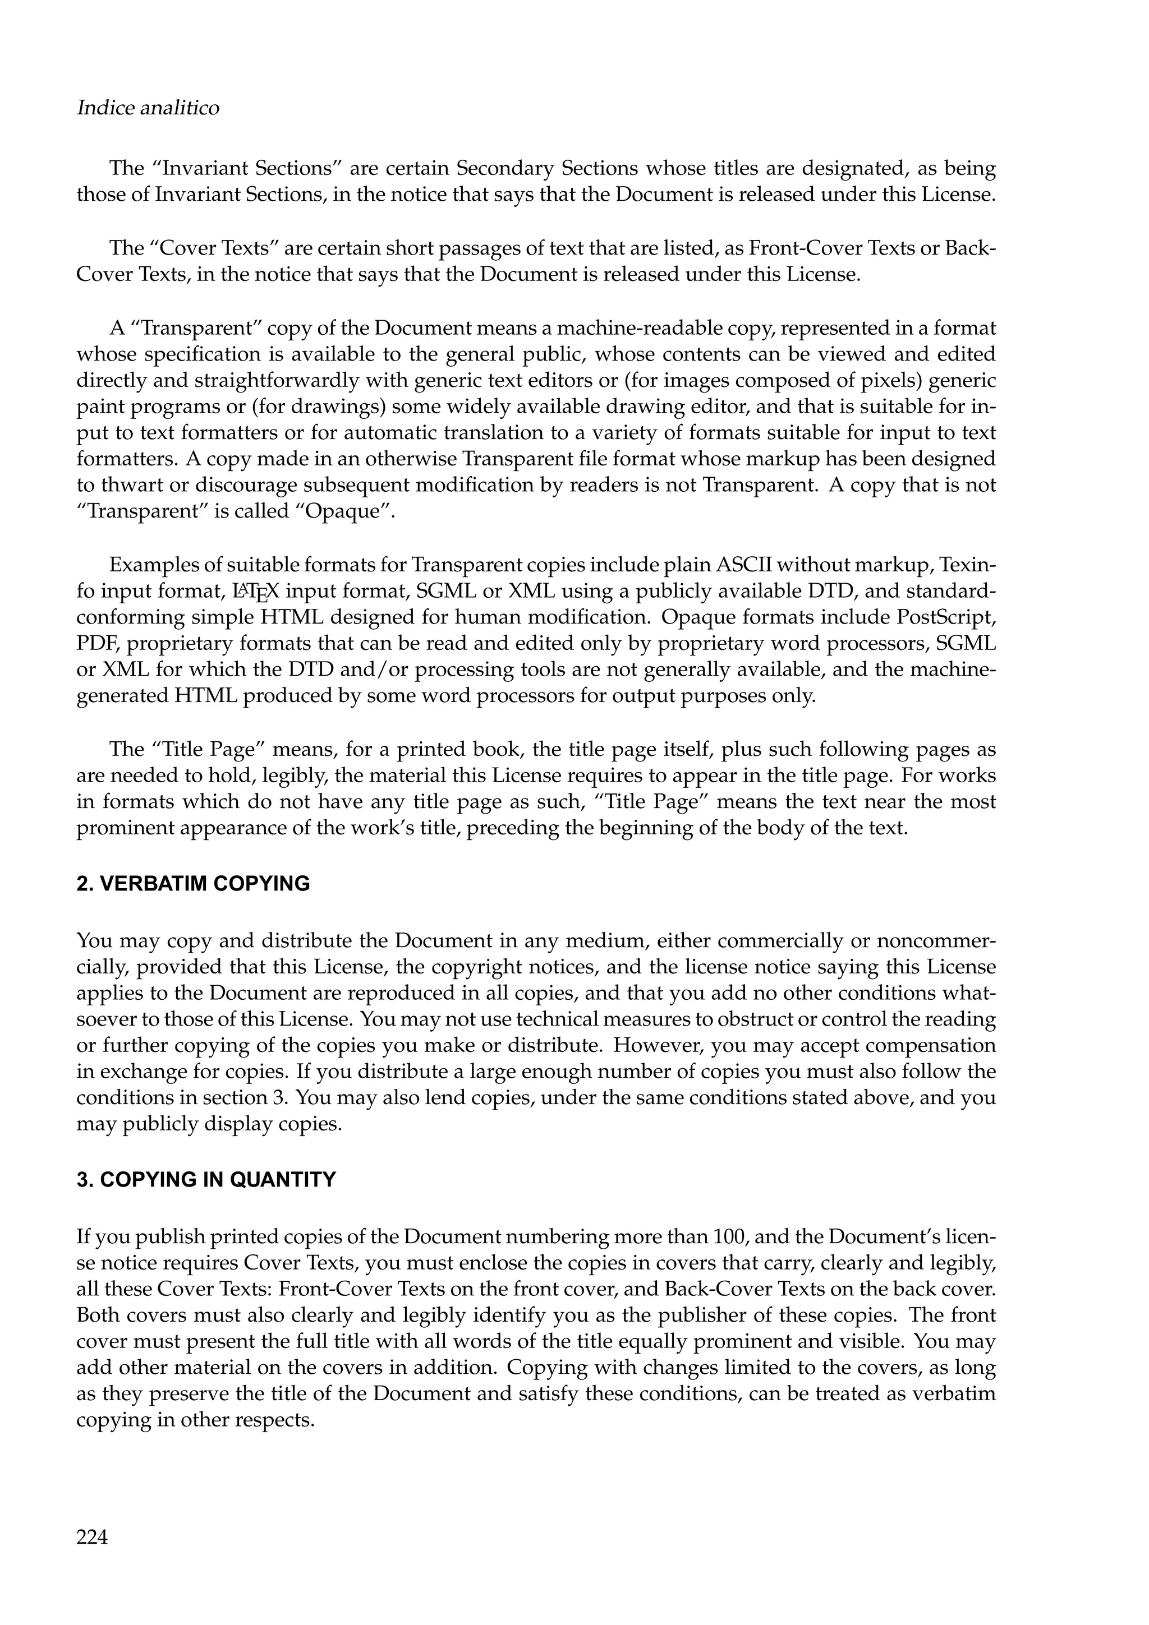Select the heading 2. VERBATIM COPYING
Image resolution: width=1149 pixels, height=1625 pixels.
coord(192,884)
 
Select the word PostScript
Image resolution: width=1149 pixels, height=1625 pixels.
coord(946,617)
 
